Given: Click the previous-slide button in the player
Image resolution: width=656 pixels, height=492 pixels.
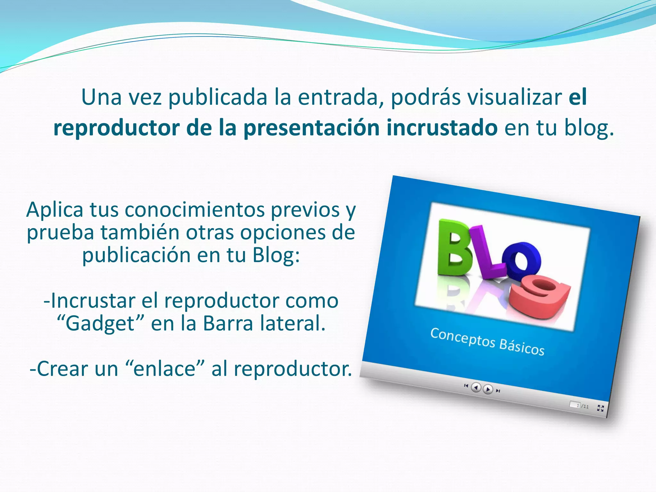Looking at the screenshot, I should (x=476, y=388).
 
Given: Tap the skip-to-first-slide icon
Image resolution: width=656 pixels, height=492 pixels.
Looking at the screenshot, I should (x=466, y=386).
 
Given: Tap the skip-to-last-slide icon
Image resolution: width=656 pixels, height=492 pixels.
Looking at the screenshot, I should (x=498, y=391).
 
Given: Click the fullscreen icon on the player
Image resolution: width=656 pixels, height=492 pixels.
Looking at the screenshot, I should (x=601, y=408).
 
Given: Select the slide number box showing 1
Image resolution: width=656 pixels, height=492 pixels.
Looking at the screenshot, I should (x=575, y=405).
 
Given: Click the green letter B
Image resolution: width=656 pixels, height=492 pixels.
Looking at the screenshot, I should (x=455, y=247).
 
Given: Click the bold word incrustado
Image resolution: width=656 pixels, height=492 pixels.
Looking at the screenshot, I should (x=442, y=128).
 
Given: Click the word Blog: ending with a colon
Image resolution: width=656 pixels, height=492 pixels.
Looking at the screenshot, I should (x=276, y=255).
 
